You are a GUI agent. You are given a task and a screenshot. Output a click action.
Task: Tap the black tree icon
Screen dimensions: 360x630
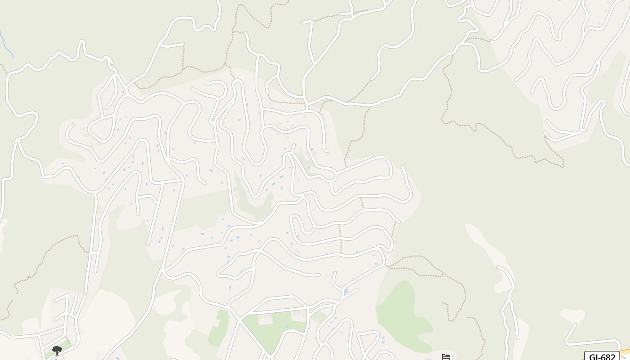click(57, 350)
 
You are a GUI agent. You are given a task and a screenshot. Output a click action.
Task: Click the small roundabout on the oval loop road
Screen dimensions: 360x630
click(331, 177)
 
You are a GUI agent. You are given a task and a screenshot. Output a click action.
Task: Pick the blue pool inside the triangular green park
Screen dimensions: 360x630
click(286, 327)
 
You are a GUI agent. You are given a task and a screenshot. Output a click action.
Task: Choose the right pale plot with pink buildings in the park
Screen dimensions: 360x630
click(298, 315)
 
